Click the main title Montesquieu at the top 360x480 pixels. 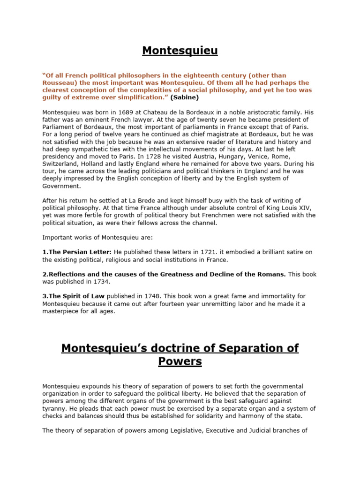point(180,50)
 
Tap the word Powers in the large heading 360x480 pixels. point(180,361)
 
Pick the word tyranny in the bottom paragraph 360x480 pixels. point(54,409)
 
